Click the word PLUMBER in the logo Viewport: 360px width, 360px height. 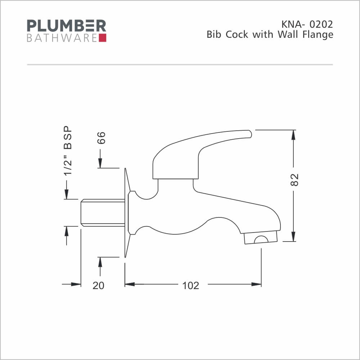coord(67,26)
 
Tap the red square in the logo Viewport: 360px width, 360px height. coord(103,38)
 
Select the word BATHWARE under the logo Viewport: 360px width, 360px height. coord(62,38)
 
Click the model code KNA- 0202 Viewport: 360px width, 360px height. coord(307,24)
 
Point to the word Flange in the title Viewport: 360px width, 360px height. coord(318,35)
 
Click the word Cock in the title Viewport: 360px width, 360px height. coord(237,35)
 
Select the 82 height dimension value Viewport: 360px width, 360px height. coord(294,180)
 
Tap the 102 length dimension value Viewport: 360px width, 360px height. coord(190,285)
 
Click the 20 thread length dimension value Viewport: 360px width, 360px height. coord(99,285)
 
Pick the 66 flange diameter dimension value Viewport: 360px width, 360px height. coord(101,138)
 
